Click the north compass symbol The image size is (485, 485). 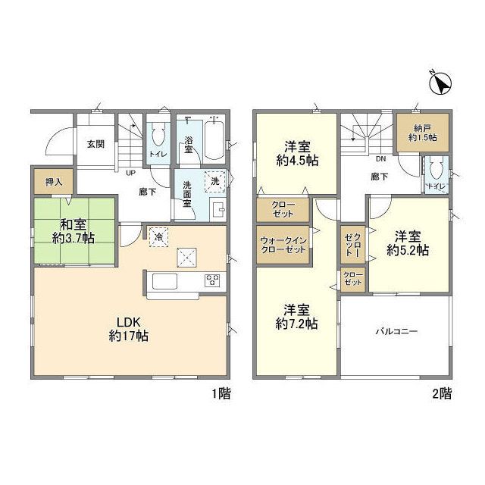pos(440,83)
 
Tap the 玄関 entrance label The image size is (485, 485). pos(95,144)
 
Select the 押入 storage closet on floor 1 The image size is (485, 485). pos(54,182)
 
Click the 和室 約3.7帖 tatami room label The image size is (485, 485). pos(74,230)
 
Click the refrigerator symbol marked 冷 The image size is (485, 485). pos(158,237)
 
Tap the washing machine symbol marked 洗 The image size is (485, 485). pos(215,182)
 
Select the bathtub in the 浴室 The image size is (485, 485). pos(214,140)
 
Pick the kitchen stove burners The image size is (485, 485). pos(212,280)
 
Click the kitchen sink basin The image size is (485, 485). pos(165,281)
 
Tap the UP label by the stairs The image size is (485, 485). pos(131,173)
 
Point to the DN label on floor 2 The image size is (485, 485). pos(380,159)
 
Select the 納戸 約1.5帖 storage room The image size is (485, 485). pos(423,133)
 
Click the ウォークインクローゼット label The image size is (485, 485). pos(283,245)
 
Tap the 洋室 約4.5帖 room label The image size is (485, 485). pos(297,153)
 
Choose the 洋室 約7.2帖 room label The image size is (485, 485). pos(296,317)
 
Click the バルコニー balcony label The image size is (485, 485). pos(397,332)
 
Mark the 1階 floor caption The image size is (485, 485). pos(221,394)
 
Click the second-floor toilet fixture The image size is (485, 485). pos(436,169)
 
